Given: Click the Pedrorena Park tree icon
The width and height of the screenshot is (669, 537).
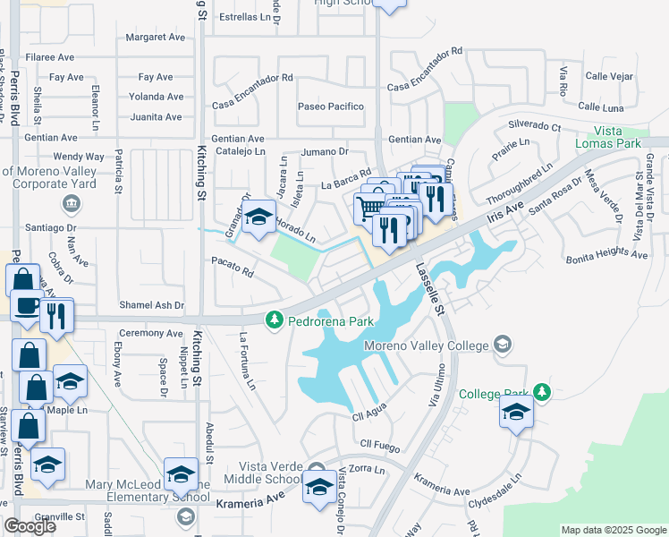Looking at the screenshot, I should pos(275,320).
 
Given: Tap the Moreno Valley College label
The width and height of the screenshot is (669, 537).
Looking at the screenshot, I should pos(426,345).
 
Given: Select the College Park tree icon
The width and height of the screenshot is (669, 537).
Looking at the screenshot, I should pos(541,392).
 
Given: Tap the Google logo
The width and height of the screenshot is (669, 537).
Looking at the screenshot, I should pos(30,526).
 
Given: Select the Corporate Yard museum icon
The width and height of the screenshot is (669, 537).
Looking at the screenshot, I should pos(72,203).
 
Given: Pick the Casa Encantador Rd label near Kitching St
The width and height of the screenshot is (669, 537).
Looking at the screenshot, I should pos(252,78).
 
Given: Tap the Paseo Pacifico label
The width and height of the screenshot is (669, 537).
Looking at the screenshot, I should pos(331,107).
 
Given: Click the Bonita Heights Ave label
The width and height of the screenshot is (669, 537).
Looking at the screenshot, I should pos(606,255).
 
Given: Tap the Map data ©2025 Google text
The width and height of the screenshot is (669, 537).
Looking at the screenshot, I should pos(614,530).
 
